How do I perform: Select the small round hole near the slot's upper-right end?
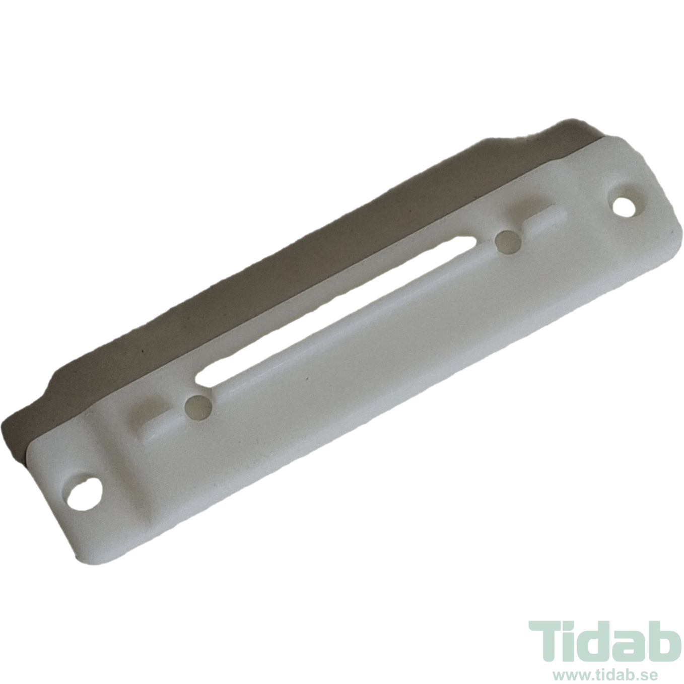click(508, 242)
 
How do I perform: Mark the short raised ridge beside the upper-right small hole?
click(545, 222)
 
